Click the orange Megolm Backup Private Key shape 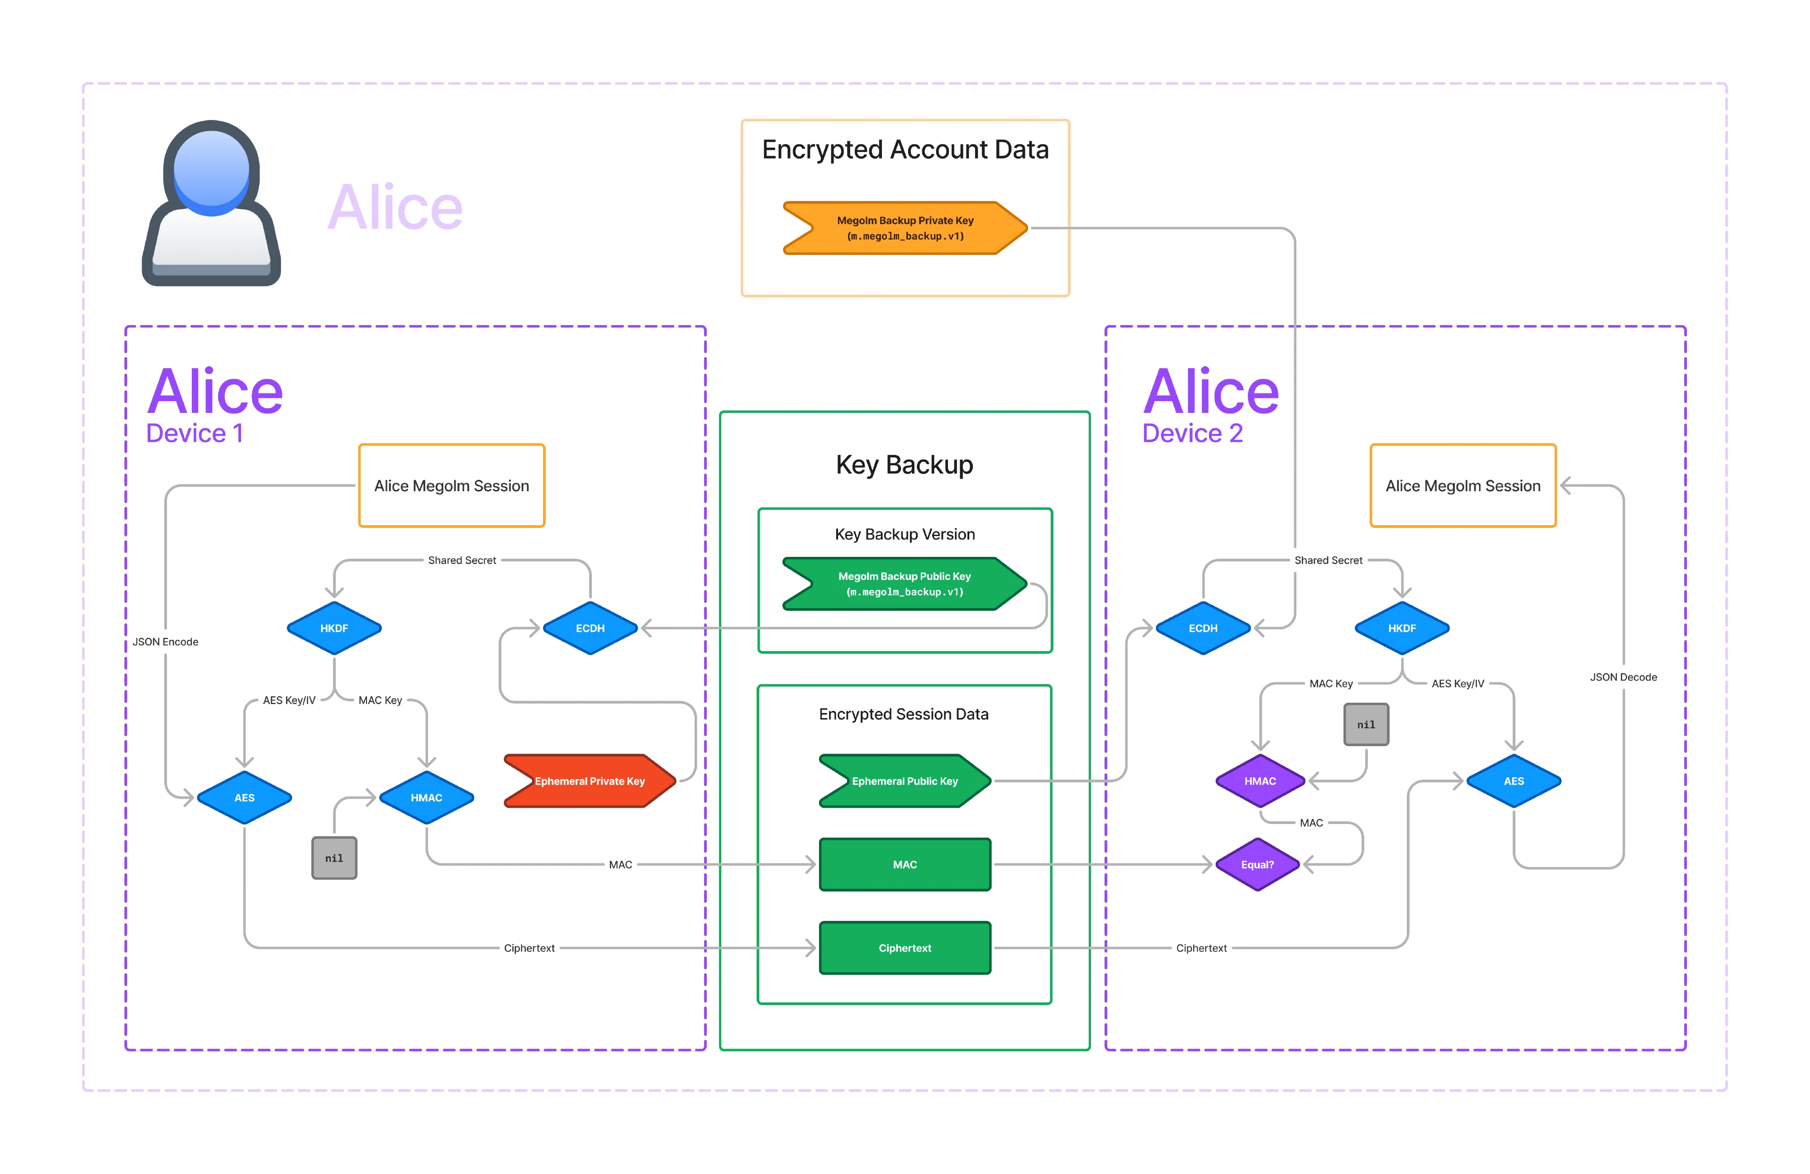point(905,227)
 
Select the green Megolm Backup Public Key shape point(905,584)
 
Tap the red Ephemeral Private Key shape point(590,781)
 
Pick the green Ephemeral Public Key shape point(905,781)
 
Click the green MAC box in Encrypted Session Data point(905,864)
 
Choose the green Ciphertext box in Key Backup point(905,948)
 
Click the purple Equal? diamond point(1258,864)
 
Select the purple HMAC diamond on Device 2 point(1260,781)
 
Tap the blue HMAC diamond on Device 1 point(427,797)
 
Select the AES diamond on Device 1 point(244,797)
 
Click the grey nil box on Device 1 point(334,858)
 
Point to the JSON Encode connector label point(165,642)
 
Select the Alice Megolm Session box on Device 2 point(1462,485)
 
